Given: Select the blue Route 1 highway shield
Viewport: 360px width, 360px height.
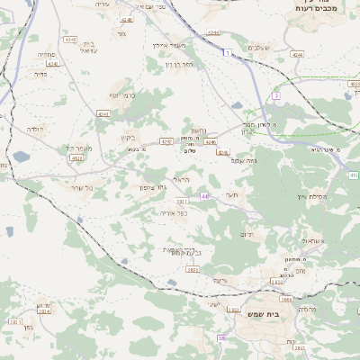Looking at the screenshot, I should point(229,54).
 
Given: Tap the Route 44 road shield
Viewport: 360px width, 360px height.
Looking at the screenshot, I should point(205,196).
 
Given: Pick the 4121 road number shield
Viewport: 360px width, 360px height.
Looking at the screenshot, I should point(76,158).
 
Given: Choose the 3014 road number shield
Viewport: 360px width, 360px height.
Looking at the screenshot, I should point(181,202).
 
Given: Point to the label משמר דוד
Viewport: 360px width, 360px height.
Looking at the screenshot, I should point(80,148).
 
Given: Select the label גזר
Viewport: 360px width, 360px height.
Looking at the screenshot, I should point(121,34).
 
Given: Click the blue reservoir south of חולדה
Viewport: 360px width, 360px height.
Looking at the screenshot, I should point(21,157).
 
